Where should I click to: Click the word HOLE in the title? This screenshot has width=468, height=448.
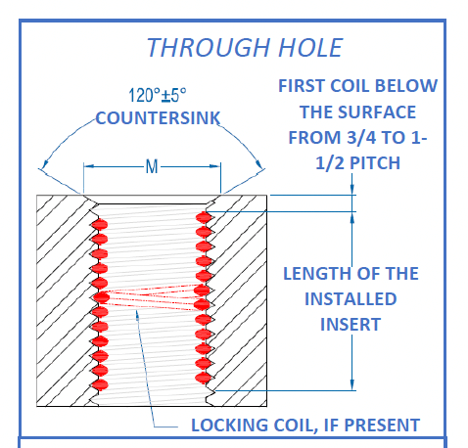tap(310, 48)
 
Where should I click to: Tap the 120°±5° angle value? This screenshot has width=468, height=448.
tap(158, 95)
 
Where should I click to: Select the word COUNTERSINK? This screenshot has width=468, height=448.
tap(158, 118)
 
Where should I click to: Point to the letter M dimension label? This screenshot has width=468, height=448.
tap(152, 166)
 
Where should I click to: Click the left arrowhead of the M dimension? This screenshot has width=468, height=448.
tap(89, 166)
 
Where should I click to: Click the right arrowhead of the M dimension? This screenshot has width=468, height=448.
tap(215, 166)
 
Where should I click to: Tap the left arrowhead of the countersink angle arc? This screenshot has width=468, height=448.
tap(45, 164)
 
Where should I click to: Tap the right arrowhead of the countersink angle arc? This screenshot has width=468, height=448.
tap(258, 164)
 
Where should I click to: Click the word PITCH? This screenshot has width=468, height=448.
tap(375, 163)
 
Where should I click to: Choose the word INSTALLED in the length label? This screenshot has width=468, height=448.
tap(351, 299)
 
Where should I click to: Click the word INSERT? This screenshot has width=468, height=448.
tap(351, 325)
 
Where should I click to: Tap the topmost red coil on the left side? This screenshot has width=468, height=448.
tap(100, 225)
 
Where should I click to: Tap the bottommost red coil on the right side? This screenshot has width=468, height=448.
tap(204, 378)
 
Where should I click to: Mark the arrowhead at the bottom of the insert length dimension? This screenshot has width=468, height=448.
tap(351, 384)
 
